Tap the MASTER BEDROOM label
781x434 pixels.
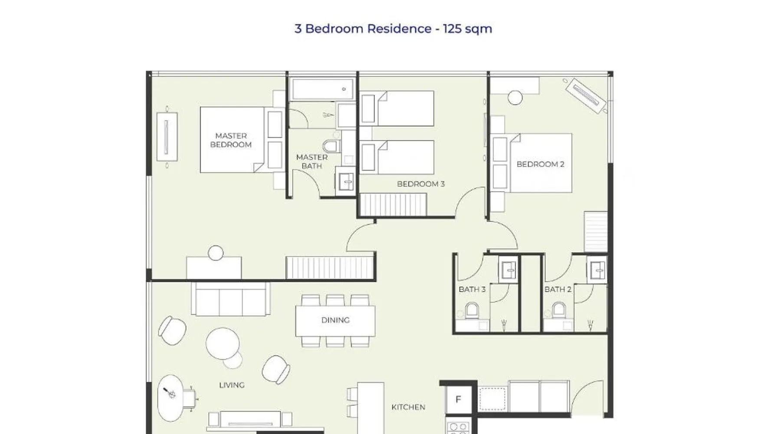[x=231, y=140]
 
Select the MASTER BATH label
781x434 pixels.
[x=312, y=161]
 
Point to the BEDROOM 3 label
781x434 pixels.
[x=421, y=184]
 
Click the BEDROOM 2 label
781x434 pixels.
[x=540, y=164]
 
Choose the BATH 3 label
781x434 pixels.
[x=472, y=289]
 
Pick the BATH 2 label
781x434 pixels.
[x=558, y=289]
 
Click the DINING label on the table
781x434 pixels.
[x=335, y=320]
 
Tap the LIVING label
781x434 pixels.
[x=232, y=385]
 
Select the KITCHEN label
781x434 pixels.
[x=408, y=407]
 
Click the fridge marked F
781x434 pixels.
[x=458, y=399]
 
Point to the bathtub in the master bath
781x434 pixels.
[x=322, y=89]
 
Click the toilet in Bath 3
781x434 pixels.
[x=472, y=311]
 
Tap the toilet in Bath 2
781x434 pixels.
[x=559, y=311]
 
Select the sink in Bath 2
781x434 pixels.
[x=597, y=270]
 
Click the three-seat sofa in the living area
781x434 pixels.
[x=231, y=299]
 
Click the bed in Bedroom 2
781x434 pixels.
[x=541, y=163]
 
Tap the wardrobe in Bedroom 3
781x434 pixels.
[x=393, y=204]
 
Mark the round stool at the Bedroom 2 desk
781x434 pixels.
[x=515, y=98]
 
